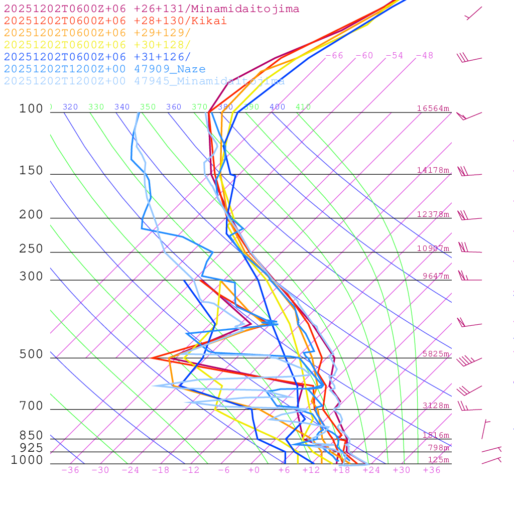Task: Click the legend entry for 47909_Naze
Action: tap(104, 69)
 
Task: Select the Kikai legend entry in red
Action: tap(115, 21)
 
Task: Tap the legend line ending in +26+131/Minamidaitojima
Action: tap(151, 9)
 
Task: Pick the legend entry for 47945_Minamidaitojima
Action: tap(144, 81)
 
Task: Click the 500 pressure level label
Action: tap(32, 354)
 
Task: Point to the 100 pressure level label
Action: tap(32, 109)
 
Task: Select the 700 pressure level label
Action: tap(32, 406)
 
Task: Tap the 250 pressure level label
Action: tap(32, 249)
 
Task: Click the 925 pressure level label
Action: tap(32, 448)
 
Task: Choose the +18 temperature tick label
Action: tap(341, 470)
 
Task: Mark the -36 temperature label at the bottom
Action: tap(70, 470)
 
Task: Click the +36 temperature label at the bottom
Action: tap(431, 470)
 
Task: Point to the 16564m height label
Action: tap(433, 108)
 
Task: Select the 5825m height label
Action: tap(436, 354)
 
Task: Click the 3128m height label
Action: tap(436, 406)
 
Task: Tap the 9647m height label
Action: tap(436, 276)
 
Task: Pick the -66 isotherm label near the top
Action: tap(334, 56)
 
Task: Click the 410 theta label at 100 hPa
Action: tap(303, 107)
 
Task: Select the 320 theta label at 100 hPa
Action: tap(70, 107)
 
